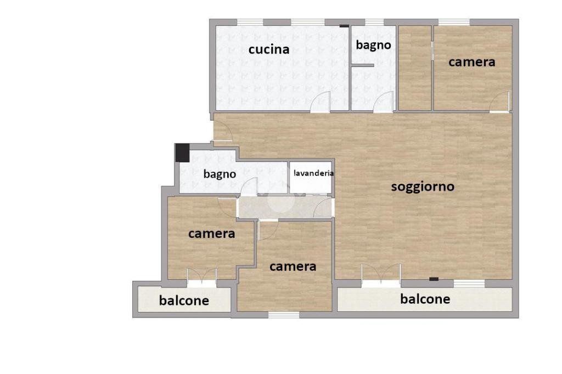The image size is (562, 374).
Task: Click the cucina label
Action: pos(269,49)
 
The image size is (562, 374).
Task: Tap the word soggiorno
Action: pos(423,186)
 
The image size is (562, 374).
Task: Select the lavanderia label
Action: pos(314,173)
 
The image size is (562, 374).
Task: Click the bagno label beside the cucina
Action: pos(373,45)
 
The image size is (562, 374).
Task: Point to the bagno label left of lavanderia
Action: pos(220,174)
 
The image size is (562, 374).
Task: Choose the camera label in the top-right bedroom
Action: pos(471,62)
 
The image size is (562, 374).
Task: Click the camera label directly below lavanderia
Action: pos(293,267)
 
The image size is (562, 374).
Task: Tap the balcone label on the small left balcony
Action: pos(184,301)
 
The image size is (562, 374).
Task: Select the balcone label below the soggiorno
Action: pos(425,299)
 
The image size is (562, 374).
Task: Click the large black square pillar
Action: pos(182,153)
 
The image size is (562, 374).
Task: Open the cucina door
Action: pos(321,103)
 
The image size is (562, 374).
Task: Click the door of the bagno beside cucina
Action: pos(384,103)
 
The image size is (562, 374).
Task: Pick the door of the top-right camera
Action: pos(501,103)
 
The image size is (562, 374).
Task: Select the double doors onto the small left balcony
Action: pos(201,277)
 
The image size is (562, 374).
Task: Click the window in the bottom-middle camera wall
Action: pos(284,315)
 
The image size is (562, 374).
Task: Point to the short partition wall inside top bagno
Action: pos(363,65)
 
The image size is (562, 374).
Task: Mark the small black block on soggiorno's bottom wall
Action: pos(434,279)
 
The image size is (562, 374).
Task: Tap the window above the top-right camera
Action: pos(454,22)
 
